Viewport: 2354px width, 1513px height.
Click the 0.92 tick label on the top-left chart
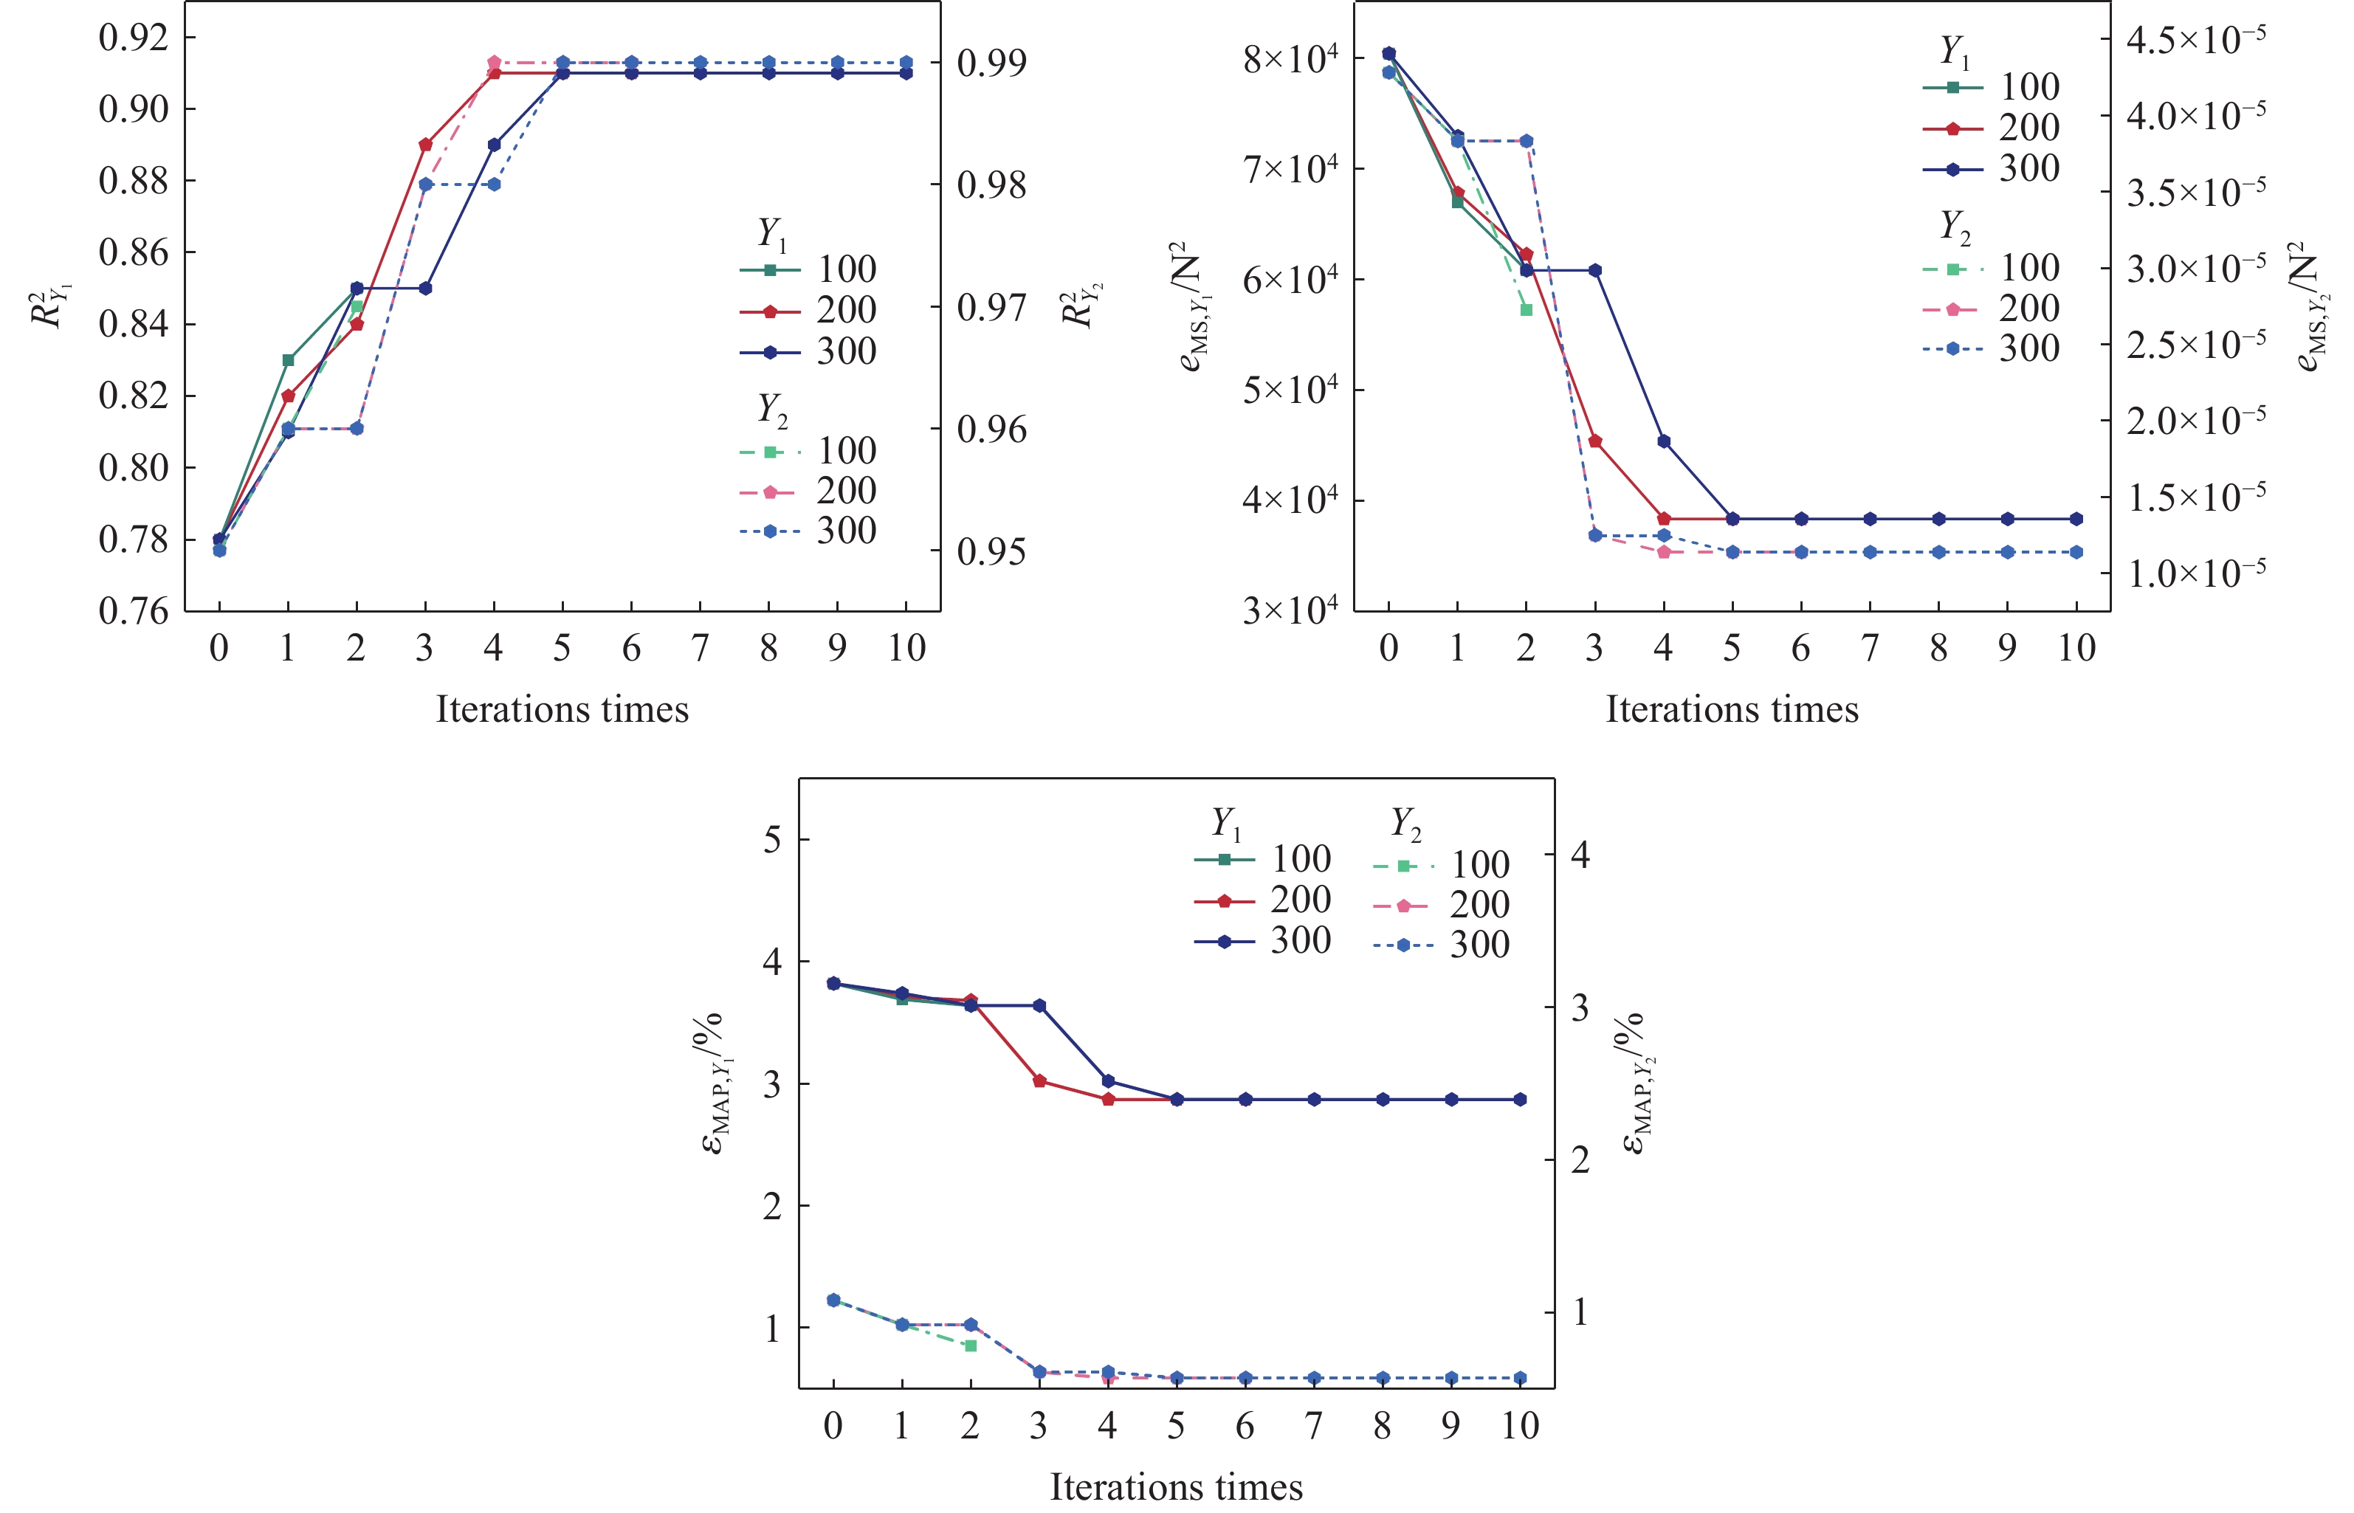pyautogui.click(x=134, y=38)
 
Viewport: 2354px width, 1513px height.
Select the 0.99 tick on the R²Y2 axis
pyautogui.click(x=991, y=63)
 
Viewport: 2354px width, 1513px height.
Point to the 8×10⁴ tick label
pyautogui.click(x=1290, y=59)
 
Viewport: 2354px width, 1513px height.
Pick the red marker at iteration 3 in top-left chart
pyautogui.click(x=425, y=145)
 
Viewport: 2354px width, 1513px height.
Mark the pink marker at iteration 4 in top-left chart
pyautogui.click(x=494, y=63)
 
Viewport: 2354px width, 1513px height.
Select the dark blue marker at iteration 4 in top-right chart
pyautogui.click(x=1663, y=442)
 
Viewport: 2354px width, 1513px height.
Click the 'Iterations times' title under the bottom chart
pyautogui.click(x=1176, y=1486)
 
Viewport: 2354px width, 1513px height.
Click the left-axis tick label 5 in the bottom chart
pyautogui.click(x=772, y=840)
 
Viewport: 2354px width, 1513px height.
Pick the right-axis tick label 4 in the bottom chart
pyautogui.click(x=1580, y=855)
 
